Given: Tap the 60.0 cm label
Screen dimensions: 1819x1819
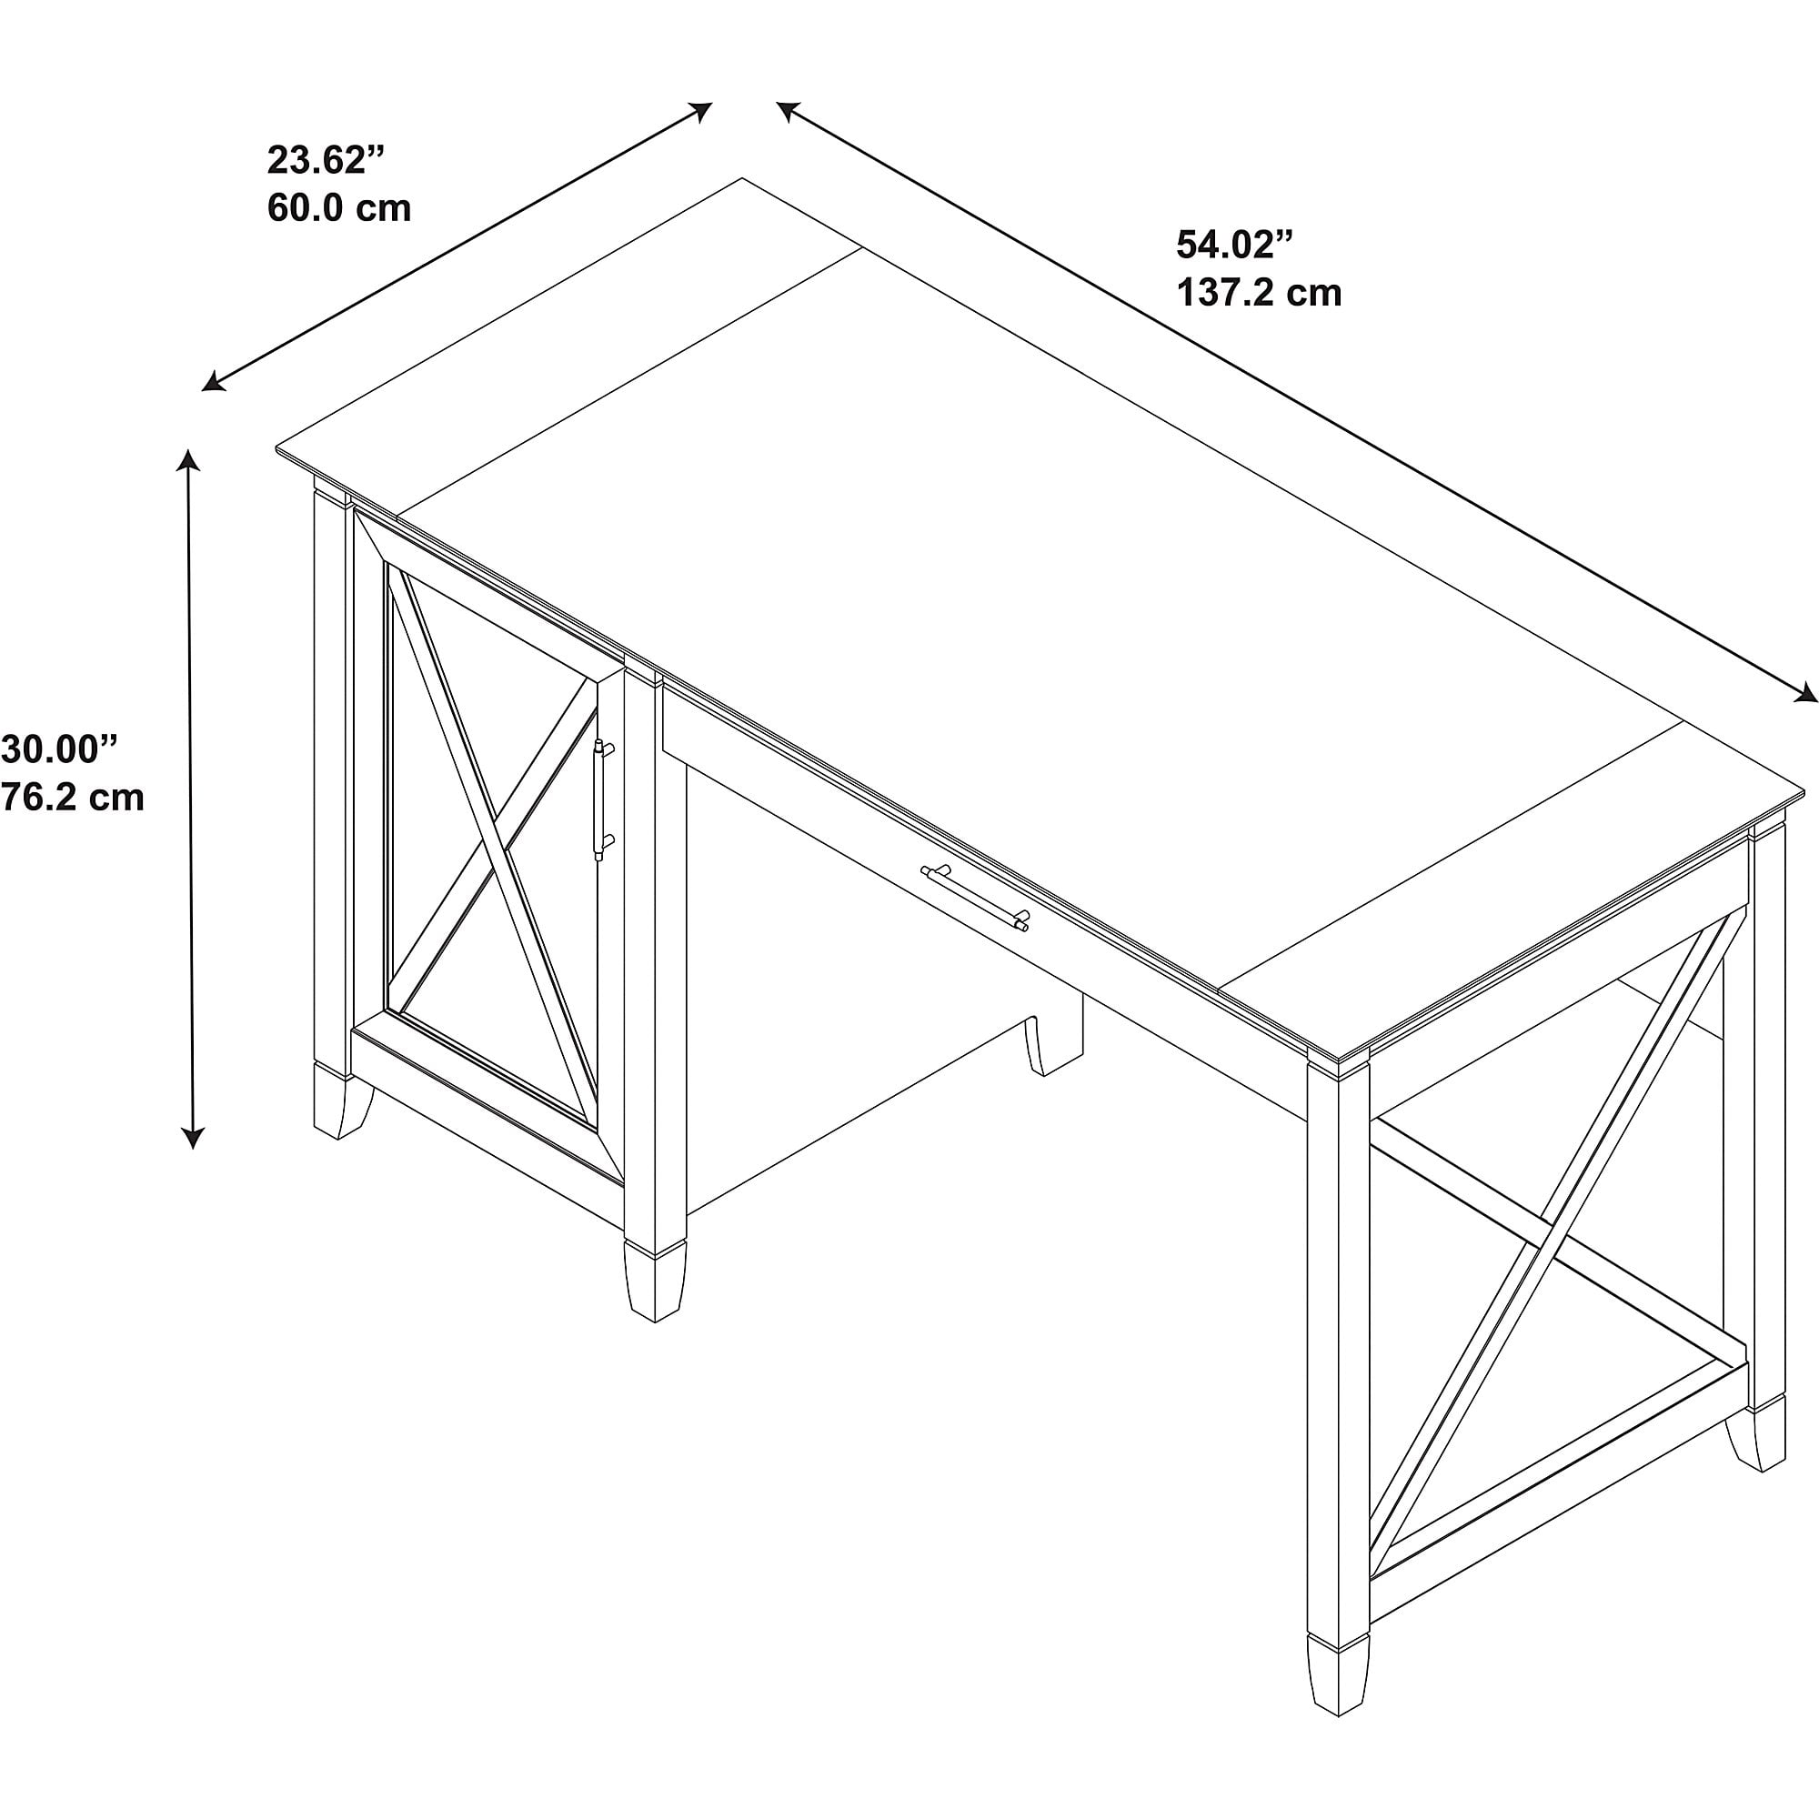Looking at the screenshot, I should tap(339, 208).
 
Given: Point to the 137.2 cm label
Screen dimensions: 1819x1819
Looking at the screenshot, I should tap(1259, 293).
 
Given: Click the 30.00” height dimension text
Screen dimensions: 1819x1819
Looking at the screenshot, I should tap(60, 749).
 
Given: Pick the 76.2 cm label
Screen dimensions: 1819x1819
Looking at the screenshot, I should tap(72, 799).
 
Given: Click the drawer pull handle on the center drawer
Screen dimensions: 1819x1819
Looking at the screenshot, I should tap(974, 898).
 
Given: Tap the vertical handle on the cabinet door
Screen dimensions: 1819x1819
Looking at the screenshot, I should tap(603, 799).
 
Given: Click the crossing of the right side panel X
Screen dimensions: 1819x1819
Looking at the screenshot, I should tap(1536, 1245).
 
